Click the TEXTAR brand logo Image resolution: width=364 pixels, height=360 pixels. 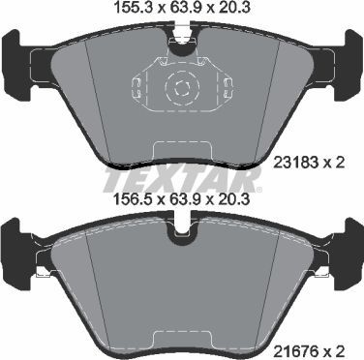tap(181, 180)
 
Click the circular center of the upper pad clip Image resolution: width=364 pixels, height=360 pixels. tap(181, 89)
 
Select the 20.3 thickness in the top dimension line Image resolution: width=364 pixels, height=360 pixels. tap(237, 13)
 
